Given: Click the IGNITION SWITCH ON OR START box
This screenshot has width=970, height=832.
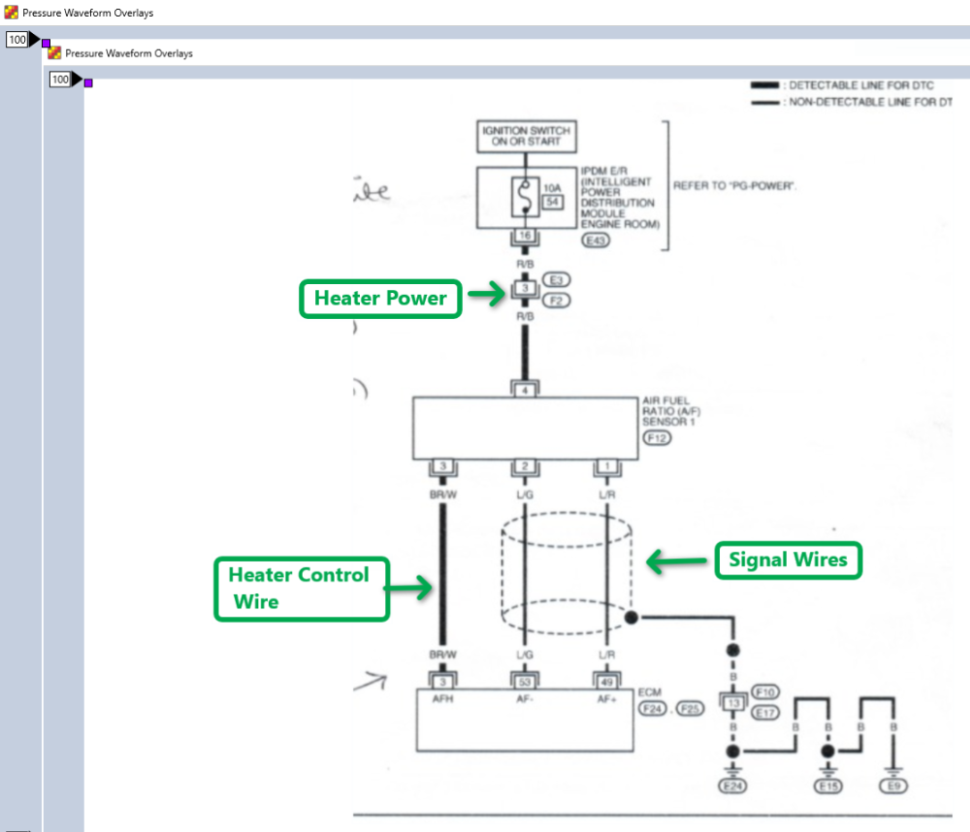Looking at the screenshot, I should click(x=525, y=137).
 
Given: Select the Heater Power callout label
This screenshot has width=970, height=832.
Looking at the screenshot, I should click(x=380, y=299).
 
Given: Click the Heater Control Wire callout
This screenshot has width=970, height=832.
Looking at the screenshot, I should click(x=301, y=589).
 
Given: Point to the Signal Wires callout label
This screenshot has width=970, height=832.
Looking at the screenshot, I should click(x=788, y=560).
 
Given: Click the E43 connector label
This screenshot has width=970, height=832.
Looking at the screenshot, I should click(x=595, y=240).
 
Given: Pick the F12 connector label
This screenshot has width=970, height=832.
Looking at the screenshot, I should click(x=655, y=438).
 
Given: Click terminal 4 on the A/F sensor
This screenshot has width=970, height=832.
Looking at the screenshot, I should click(x=525, y=390).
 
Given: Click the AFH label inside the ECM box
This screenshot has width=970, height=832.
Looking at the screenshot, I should click(x=442, y=698).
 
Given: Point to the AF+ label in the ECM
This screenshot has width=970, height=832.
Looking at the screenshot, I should click(x=607, y=698).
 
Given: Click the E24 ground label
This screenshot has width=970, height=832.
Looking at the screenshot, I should click(x=732, y=785).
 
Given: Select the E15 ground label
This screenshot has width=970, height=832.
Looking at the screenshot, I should click(x=827, y=785).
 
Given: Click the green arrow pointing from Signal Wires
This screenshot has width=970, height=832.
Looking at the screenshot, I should click(x=676, y=560).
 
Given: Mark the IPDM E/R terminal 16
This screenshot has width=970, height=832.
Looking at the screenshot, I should click(x=525, y=237).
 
